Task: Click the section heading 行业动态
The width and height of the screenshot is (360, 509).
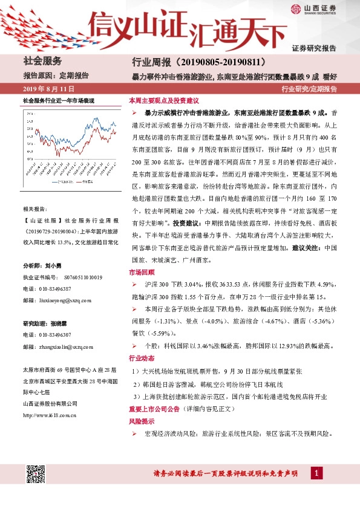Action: (x=142, y=357)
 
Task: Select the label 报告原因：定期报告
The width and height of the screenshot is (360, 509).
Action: (x=56, y=76)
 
